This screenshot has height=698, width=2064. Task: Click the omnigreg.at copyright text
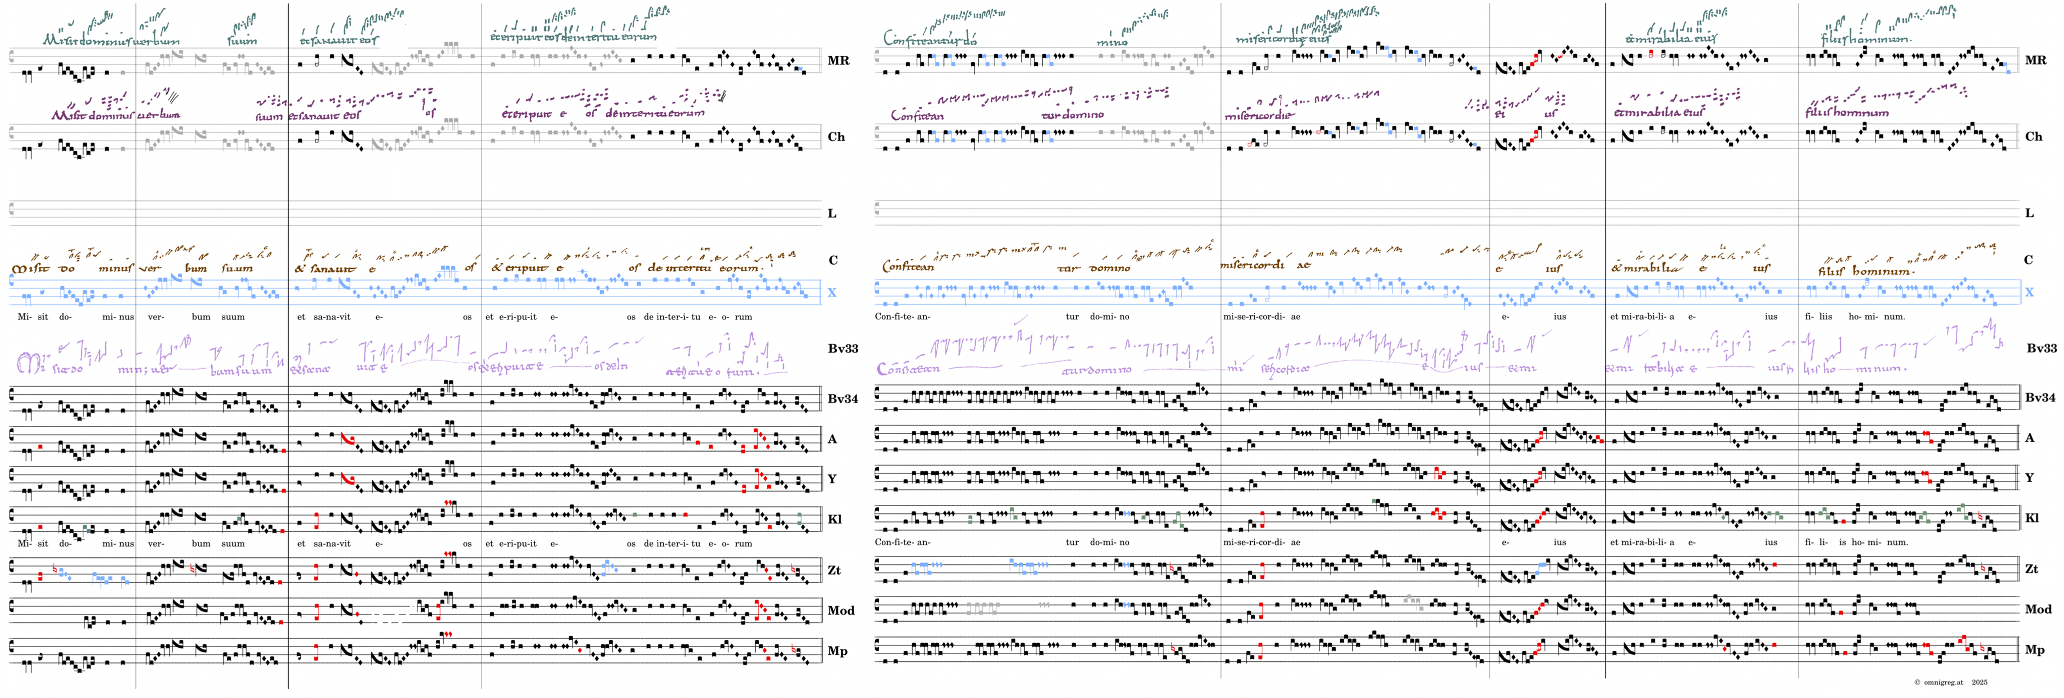tap(1950, 682)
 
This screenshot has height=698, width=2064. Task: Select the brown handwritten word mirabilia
tap(1652, 267)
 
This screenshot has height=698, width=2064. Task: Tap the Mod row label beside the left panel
tap(841, 610)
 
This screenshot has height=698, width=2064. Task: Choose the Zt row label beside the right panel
tap(2031, 569)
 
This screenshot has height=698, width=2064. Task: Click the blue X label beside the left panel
tap(832, 292)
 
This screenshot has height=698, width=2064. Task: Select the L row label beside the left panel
tap(832, 213)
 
